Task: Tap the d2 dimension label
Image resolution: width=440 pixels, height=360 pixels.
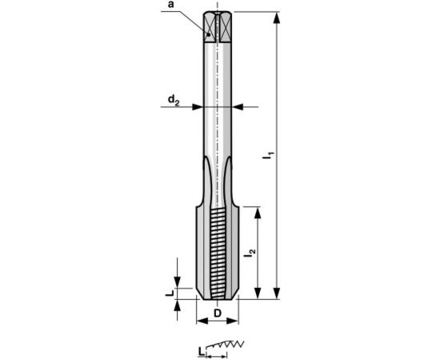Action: pos(174,99)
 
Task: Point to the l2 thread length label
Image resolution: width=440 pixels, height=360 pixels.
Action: pos(250,253)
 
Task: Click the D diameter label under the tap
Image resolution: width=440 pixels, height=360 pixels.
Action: pos(218,313)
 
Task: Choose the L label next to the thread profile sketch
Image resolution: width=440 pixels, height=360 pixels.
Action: pos(202,350)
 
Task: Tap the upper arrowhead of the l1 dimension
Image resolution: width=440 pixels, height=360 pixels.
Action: pos(276,17)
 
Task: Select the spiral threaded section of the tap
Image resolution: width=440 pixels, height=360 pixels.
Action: pos(218,244)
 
